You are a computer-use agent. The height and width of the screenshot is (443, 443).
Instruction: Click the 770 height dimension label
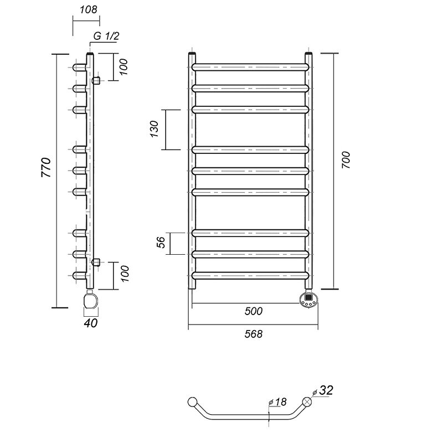point(47,167)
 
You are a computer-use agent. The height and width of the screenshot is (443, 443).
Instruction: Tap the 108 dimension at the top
point(88,9)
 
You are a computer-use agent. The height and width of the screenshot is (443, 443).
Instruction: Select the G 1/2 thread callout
point(106,36)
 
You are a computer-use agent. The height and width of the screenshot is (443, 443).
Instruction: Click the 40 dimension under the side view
point(91,323)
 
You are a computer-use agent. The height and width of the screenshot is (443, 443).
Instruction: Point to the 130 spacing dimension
point(154,129)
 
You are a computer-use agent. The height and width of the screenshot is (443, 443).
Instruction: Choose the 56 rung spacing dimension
point(161,243)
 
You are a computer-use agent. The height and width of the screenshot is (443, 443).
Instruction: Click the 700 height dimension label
point(346,160)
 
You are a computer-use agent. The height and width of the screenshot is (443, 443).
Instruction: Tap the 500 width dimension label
point(254,311)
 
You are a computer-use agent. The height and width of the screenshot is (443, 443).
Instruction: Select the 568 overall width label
point(254,334)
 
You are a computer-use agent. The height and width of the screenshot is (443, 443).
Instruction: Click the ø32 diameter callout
point(323,390)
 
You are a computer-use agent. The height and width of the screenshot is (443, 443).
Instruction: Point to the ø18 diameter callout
point(277,402)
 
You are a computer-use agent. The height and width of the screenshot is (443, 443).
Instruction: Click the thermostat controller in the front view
point(308,301)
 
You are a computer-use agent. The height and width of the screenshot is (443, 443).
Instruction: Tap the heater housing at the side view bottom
point(91,300)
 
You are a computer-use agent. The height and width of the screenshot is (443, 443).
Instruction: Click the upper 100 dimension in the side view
point(123,67)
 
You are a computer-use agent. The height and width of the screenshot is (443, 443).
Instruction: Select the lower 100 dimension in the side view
point(124,274)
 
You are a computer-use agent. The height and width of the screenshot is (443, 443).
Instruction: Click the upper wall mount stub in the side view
point(96,80)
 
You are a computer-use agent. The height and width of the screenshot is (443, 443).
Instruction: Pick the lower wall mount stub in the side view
point(96,262)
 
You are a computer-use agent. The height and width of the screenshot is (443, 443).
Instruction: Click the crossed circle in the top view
point(307,401)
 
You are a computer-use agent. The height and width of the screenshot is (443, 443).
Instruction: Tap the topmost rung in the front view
point(250,67)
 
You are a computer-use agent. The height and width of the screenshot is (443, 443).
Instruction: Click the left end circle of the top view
point(192,402)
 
